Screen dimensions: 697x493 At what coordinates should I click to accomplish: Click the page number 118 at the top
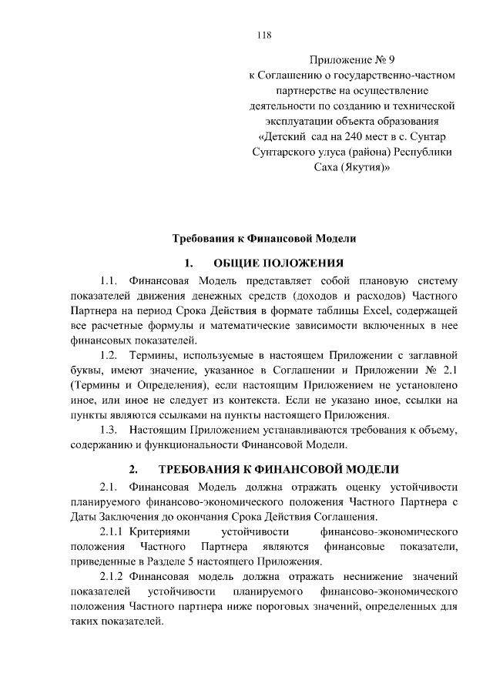click(263, 35)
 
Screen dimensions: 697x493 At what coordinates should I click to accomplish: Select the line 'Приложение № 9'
click(355, 59)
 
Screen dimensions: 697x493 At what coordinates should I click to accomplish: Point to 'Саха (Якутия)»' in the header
click(355, 167)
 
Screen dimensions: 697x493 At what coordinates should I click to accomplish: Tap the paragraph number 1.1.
click(110, 280)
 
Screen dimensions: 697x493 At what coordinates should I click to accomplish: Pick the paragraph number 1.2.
click(110, 355)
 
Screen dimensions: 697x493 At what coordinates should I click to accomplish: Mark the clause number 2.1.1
click(113, 531)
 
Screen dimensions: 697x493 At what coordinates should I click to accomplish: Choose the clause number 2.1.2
click(113, 576)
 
